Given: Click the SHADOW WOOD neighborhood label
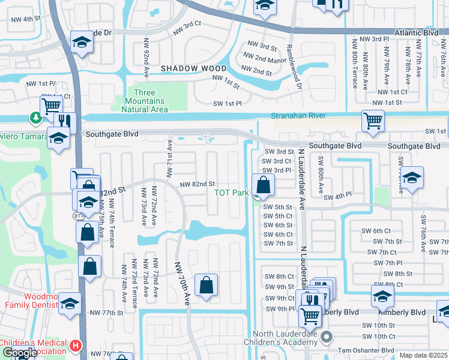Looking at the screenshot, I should [193, 69].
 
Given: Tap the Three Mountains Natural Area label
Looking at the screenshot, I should [144, 101].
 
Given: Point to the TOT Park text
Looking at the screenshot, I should [231, 193].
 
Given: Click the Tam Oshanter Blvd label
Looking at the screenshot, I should [366, 350].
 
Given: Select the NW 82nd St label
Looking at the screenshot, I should [198, 184].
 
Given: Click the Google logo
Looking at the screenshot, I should [19, 353].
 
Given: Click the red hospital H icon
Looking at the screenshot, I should [75, 346].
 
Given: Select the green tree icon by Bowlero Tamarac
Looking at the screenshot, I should [38, 118].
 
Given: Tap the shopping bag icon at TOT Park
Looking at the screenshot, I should [262, 185].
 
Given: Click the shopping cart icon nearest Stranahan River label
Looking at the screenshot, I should [373, 121].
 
